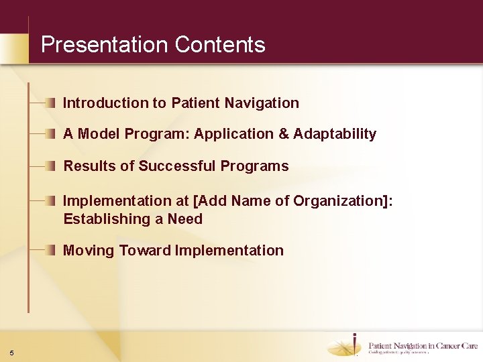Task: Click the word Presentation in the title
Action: [104, 45]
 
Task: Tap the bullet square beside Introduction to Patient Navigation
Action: [52, 103]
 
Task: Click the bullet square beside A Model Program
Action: [52, 133]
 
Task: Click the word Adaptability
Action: [335, 134]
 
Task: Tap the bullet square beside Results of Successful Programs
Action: [52, 166]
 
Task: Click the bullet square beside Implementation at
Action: [52, 200]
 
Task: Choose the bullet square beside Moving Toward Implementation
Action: [52, 250]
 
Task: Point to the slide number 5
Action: [13, 353]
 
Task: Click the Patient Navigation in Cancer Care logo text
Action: [423, 346]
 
